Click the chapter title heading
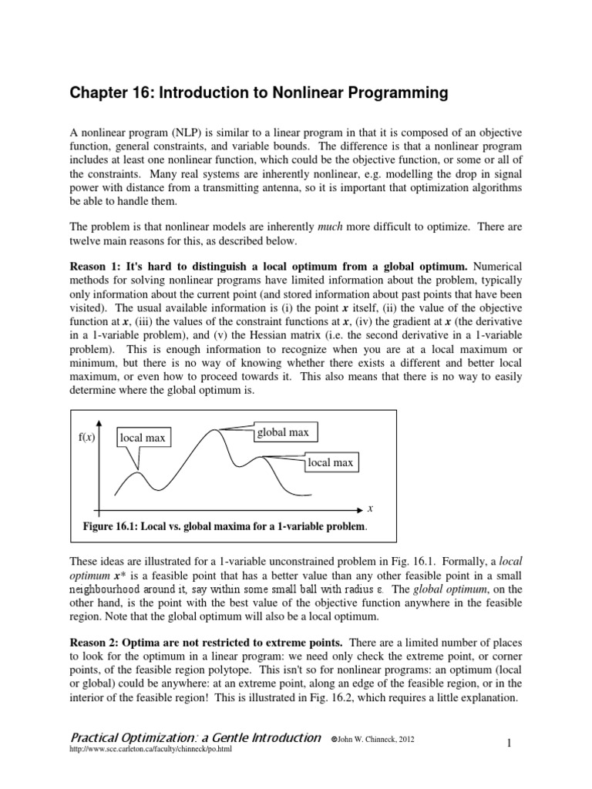(258, 94)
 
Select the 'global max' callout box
(282, 432)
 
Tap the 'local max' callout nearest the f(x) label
(142, 438)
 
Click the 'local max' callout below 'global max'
(330, 462)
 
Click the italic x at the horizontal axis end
(370, 509)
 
